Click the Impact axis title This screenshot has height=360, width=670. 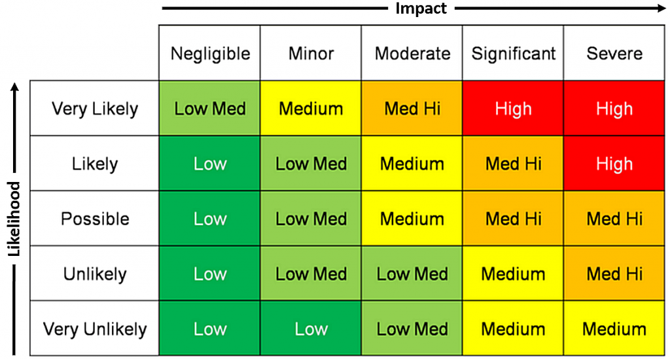421,9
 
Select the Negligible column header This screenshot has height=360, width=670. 210,53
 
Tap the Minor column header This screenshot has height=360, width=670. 311,53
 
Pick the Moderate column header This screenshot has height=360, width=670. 412,53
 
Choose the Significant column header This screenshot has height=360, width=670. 514,53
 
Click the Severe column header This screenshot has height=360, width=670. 614,53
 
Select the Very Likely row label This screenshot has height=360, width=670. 95,109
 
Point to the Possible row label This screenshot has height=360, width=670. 95,219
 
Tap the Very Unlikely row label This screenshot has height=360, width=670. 95,329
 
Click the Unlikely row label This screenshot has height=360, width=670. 95,274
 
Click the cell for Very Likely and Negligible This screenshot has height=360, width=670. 210,109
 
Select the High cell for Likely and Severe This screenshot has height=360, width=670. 614,164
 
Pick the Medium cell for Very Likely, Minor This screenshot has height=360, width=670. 311,109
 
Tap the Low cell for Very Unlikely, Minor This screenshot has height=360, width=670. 311,329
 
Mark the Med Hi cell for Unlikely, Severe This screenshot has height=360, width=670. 614,274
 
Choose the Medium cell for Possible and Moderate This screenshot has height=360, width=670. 412,219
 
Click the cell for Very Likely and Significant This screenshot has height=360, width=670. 514,109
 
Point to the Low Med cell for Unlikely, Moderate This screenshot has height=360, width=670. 412,274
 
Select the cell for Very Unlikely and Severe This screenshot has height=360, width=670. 614,329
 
